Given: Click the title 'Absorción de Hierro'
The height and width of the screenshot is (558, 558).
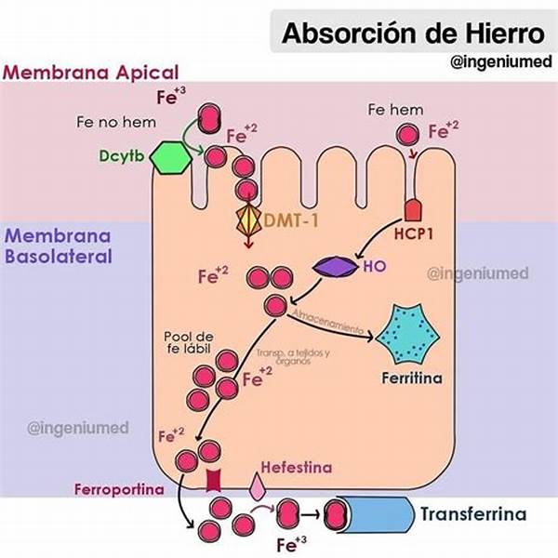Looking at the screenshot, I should [414, 34].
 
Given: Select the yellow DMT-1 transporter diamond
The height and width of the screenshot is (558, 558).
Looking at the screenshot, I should [248, 219].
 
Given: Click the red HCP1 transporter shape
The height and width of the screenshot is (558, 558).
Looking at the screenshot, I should [414, 206].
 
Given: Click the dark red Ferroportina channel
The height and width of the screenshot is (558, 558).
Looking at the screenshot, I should [213, 480].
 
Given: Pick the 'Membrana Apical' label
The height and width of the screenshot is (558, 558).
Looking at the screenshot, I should [90, 73].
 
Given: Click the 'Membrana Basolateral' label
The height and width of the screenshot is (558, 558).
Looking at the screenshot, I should [59, 246].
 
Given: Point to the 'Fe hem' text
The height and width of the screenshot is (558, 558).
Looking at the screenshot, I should [396, 110].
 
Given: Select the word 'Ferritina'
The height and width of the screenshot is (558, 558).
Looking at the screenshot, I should [410, 379].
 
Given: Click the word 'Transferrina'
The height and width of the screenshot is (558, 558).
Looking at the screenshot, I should [472, 513].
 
